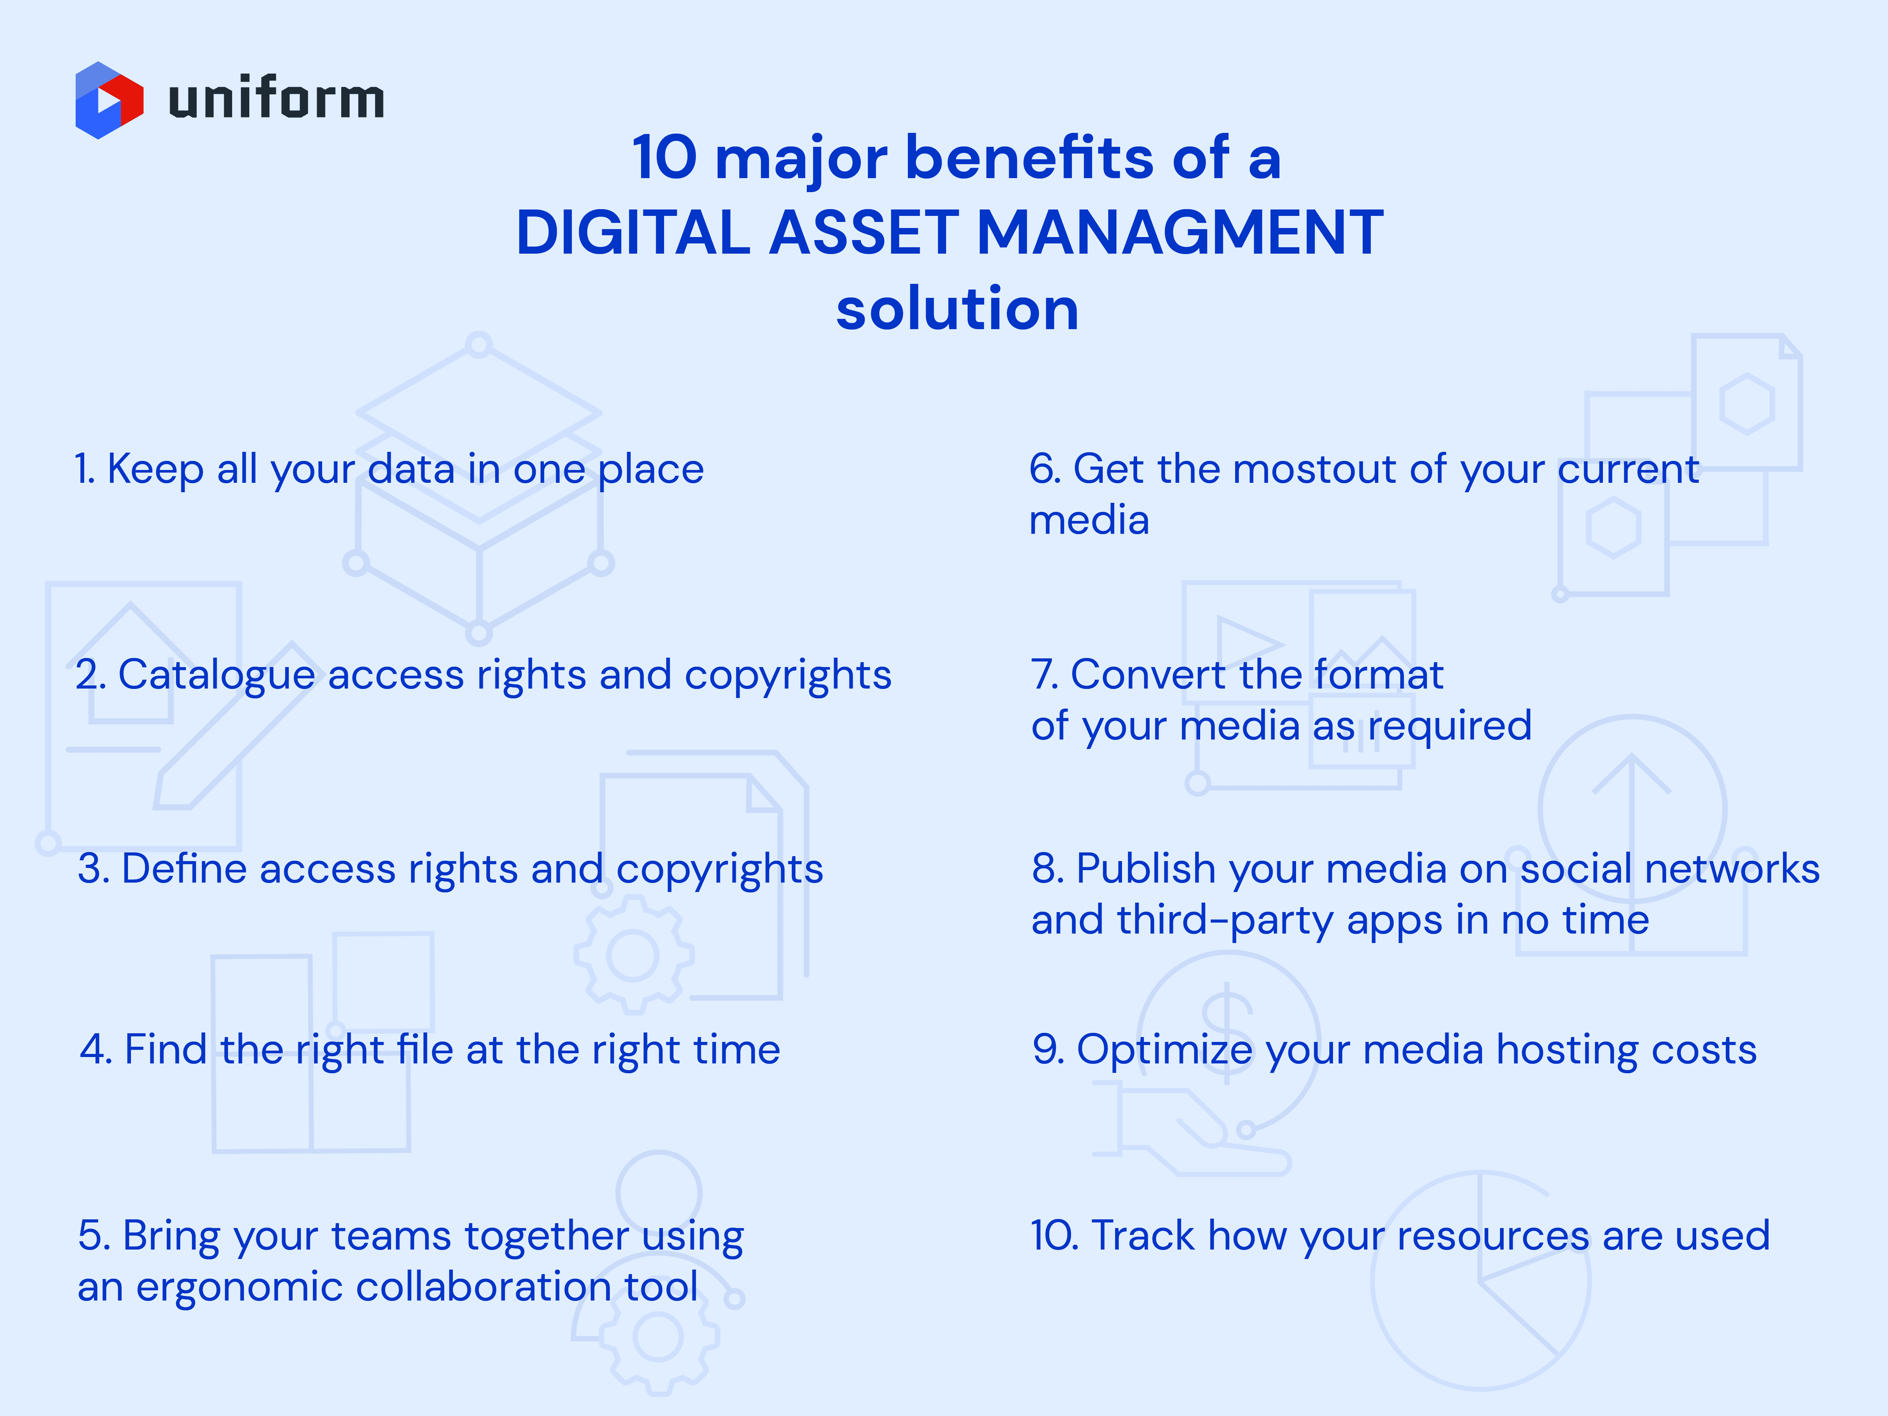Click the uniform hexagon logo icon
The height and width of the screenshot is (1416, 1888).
click(x=108, y=100)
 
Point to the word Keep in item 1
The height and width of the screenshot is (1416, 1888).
click(x=154, y=470)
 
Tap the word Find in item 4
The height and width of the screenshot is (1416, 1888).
click(x=166, y=1049)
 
